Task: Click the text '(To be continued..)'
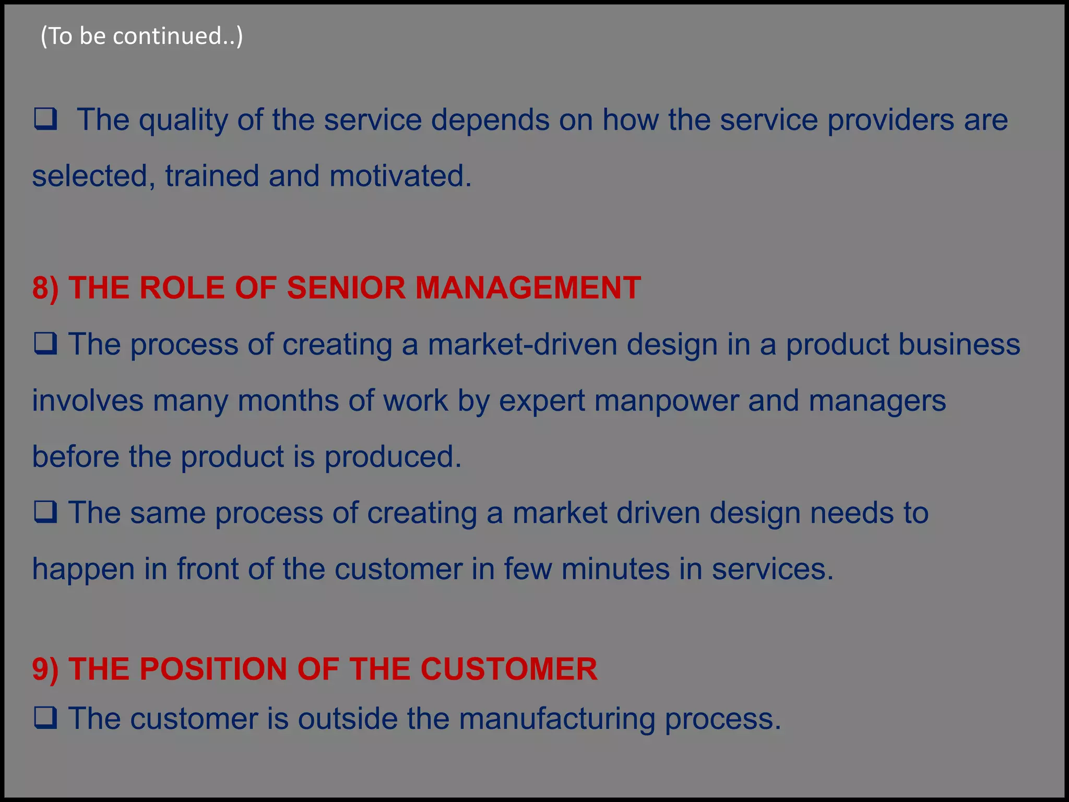tap(141, 36)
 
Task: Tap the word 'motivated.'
tap(400, 176)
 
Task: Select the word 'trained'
tap(212, 176)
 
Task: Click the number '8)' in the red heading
tap(45, 288)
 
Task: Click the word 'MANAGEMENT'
tap(528, 288)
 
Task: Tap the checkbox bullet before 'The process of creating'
tap(46, 344)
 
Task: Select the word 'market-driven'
tap(522, 345)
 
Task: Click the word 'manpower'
tap(666, 401)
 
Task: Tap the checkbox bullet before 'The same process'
tap(46, 512)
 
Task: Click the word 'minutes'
tap(615, 569)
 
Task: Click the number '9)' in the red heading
tap(45, 669)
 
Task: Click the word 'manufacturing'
tap(557, 719)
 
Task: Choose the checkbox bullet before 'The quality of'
tap(46, 120)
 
